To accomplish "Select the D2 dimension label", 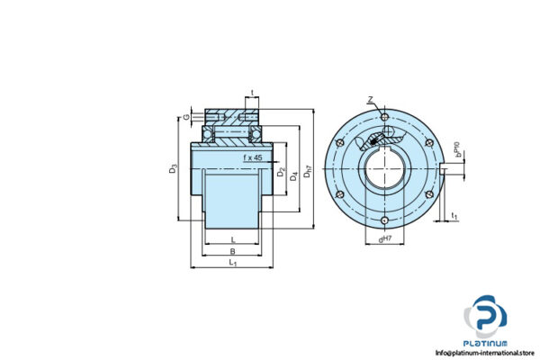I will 282,172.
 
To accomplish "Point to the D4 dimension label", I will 294,172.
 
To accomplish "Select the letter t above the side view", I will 252,93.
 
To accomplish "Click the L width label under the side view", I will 232,238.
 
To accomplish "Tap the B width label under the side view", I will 232,252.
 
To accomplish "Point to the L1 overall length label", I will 232,263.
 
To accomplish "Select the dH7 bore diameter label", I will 385,238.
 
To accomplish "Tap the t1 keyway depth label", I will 454,216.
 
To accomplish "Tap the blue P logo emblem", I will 485,318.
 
